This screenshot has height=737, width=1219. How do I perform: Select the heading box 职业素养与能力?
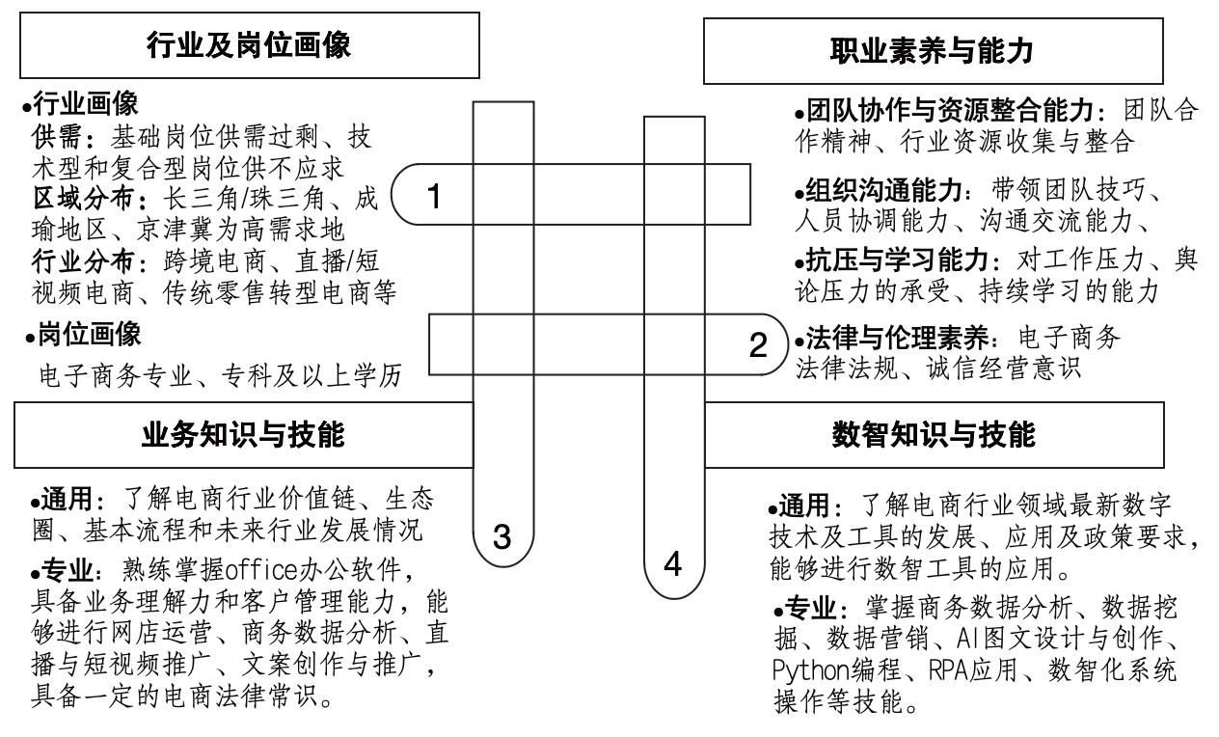[932, 50]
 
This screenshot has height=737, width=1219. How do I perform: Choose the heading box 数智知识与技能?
[933, 435]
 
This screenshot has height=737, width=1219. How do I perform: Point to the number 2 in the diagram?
[759, 342]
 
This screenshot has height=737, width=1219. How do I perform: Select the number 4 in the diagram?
[673, 564]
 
